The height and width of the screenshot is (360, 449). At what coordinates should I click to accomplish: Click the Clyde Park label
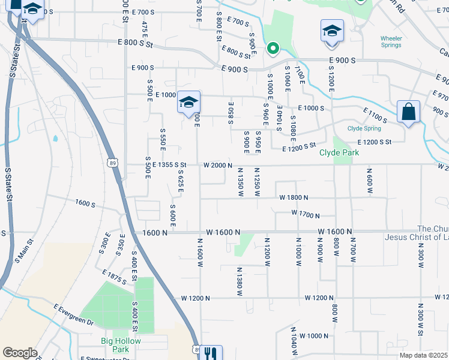[339, 153]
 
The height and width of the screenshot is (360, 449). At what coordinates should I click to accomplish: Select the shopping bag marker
[408, 112]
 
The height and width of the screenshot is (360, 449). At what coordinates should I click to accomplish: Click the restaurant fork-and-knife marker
[210, 353]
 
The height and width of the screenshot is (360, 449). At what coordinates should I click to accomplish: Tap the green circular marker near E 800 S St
[273, 48]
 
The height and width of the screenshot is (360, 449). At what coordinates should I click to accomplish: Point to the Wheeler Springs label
[391, 42]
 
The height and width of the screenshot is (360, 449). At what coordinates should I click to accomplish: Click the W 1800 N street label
[294, 197]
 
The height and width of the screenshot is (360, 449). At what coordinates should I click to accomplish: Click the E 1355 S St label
[170, 164]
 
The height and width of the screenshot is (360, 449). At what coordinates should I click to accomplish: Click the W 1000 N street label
[314, 335]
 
